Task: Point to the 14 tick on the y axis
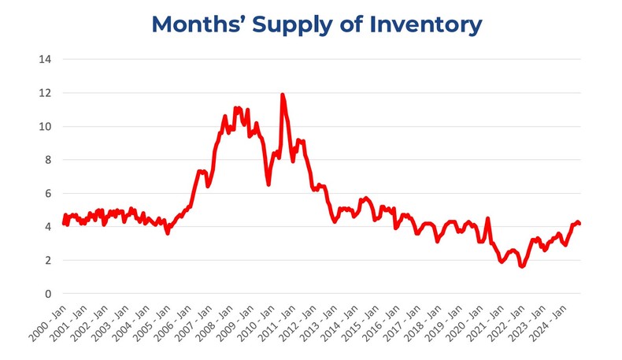(x=46, y=59)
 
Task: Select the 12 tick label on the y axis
(x=46, y=93)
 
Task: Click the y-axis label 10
(x=46, y=126)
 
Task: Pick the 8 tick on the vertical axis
(x=49, y=160)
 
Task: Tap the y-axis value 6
(x=49, y=194)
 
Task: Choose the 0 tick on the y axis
(x=49, y=294)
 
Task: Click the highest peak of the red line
(x=282, y=95)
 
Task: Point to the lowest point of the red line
(x=521, y=266)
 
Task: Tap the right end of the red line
(x=579, y=224)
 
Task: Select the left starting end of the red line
(x=64, y=223)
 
